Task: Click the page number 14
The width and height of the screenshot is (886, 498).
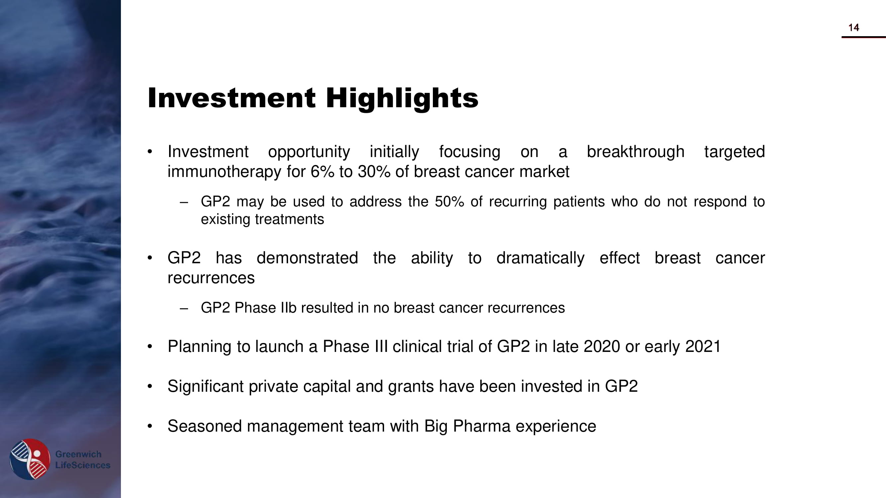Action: pyautogui.click(x=854, y=28)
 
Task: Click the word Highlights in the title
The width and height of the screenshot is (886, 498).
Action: pyautogui.click(x=402, y=99)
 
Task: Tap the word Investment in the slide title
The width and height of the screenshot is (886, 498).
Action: pyautogui.click(x=232, y=98)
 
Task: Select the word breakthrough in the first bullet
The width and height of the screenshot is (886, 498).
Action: pyautogui.click(x=636, y=152)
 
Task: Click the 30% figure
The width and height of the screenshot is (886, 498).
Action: pyautogui.click(x=374, y=172)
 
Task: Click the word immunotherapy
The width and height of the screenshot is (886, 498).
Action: pyautogui.click(x=224, y=172)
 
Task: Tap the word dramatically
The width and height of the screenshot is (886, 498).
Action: pyautogui.click(x=540, y=258)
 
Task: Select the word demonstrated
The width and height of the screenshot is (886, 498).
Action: pyautogui.click(x=307, y=258)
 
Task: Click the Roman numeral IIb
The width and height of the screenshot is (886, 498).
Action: pyautogui.click(x=288, y=308)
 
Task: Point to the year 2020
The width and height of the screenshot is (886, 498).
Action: pyautogui.click(x=602, y=346)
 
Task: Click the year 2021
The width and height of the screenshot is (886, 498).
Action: pyautogui.click(x=703, y=346)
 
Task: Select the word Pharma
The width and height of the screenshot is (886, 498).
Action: pyautogui.click(x=481, y=426)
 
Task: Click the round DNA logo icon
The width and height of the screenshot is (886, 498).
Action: pyautogui.click(x=30, y=459)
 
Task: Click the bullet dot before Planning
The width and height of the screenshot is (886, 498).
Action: pyautogui.click(x=149, y=346)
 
